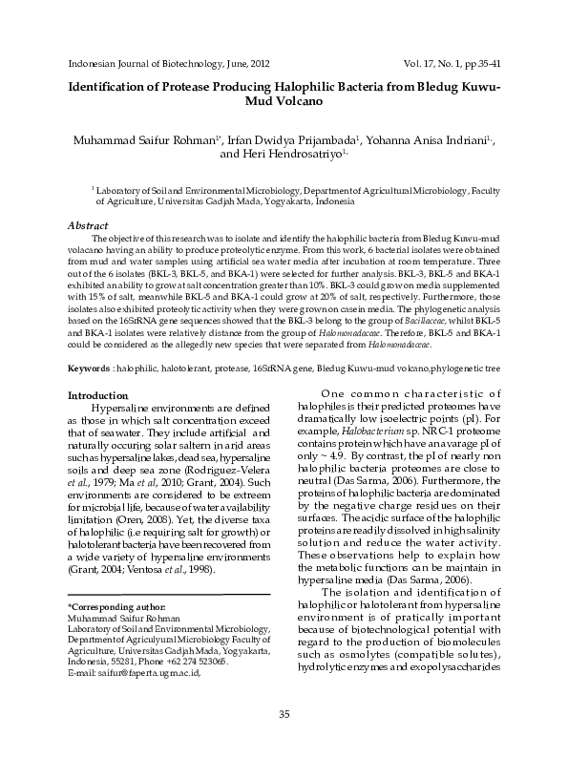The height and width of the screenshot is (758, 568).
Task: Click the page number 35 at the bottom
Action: (284, 715)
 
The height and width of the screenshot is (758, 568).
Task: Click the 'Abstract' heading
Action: (88, 224)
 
